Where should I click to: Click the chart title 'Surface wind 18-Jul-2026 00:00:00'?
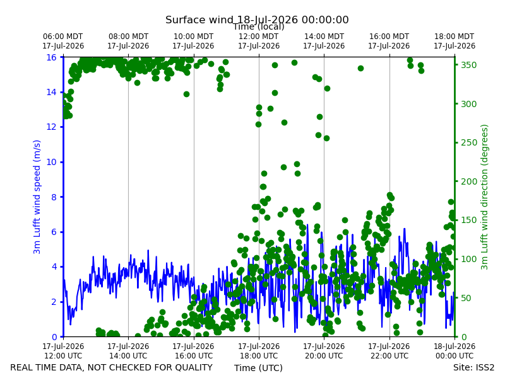click(257, 20)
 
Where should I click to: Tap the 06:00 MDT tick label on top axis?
click(63, 41)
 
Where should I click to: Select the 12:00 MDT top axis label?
click(259, 41)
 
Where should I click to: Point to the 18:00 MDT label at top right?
click(454, 41)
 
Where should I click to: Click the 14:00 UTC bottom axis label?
click(128, 351)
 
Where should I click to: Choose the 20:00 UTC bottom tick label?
click(324, 351)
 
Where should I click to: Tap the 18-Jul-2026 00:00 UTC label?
click(454, 351)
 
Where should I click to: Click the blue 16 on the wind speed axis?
click(52, 57)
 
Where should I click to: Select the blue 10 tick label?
click(52, 162)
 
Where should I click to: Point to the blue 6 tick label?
click(54, 232)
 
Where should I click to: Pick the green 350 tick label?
click(468, 65)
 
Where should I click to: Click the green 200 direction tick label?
click(468, 181)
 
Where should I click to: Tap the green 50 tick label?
click(466, 298)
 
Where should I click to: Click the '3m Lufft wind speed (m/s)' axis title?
click(37, 197)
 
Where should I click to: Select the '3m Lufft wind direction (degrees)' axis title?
click(484, 197)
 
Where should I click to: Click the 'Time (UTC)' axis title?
click(258, 368)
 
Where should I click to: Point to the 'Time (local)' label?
click(259, 26)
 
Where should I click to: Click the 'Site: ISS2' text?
click(473, 367)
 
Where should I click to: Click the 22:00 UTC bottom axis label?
click(389, 351)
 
